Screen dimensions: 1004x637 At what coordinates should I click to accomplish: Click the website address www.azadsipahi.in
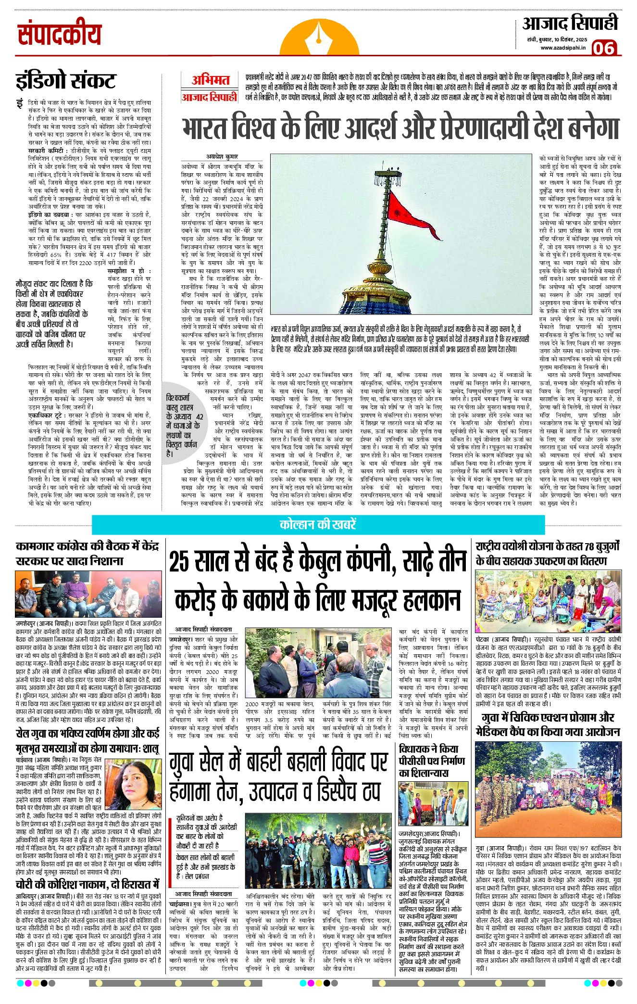point(563,48)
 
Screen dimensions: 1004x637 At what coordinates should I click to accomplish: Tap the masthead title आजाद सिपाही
point(570,24)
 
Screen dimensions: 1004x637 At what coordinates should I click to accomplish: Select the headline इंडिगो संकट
point(65,81)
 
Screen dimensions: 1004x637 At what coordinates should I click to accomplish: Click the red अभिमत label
point(211,80)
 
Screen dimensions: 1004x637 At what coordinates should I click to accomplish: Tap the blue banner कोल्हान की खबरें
point(318,524)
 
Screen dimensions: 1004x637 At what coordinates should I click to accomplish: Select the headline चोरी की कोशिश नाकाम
point(87,884)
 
